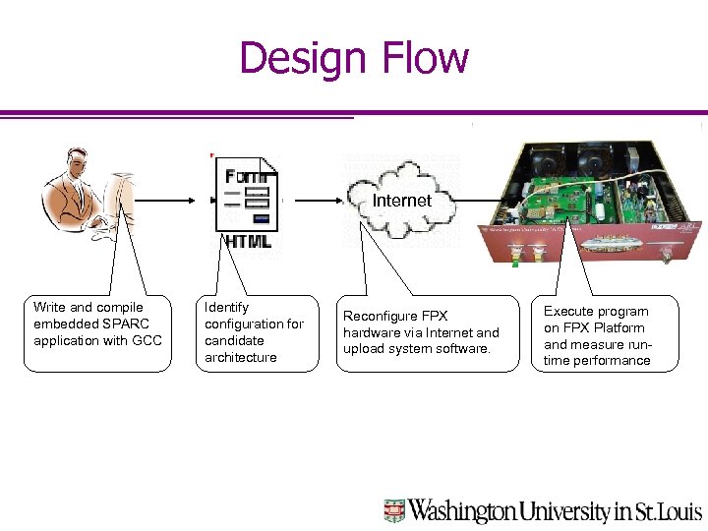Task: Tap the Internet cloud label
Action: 401,201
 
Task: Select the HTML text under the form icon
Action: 248,241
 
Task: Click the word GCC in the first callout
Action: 147,341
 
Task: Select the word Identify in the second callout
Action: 226,308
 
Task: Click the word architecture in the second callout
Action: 241,358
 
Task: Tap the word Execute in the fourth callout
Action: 569,312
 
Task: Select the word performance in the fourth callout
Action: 612,361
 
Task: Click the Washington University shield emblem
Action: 394,510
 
